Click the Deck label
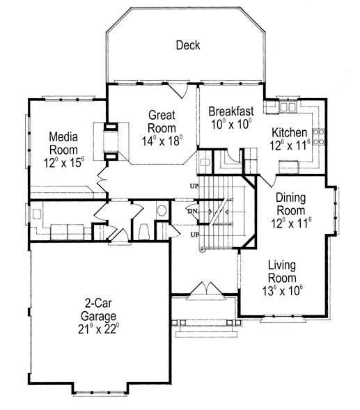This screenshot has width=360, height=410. coord(188,45)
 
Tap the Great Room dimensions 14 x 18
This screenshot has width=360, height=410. coord(162,141)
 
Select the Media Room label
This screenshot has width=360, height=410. coord(63,143)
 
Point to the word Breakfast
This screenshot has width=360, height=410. coord(231,111)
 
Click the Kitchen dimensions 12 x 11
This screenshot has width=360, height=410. coord(290,145)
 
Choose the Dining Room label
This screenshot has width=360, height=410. coord(290,204)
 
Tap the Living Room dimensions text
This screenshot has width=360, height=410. coord(282,291)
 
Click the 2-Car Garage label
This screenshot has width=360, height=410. coord(98,310)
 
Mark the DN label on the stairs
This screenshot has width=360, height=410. coord(193,211)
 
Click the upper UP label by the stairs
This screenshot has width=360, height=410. coord(194,186)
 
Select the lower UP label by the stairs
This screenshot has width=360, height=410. coord(195,235)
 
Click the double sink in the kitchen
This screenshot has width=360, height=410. coord(288,107)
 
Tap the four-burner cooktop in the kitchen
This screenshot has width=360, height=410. coord(319,136)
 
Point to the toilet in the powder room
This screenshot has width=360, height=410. coord(143,232)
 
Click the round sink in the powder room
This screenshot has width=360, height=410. coord(162,210)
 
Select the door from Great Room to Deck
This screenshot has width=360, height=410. coord(178,90)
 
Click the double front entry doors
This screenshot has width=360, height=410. coord(207,288)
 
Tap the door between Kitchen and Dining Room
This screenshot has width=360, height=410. coord(268,181)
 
